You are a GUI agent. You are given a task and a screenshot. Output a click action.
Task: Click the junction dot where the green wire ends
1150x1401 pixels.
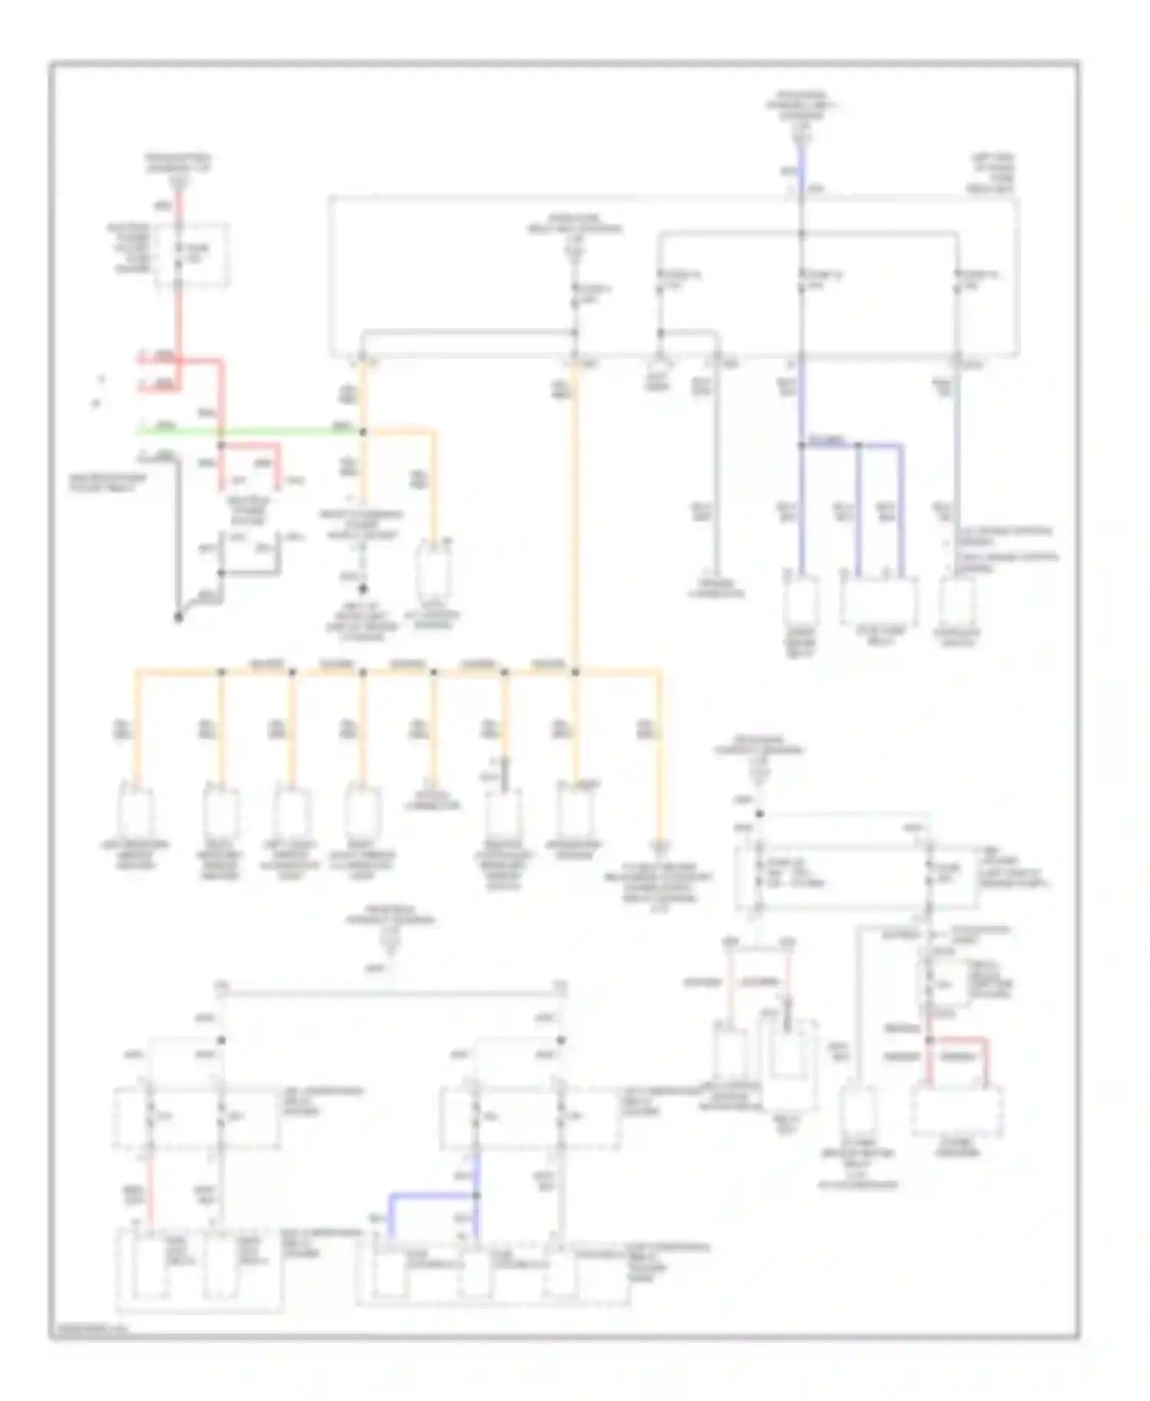click(x=363, y=432)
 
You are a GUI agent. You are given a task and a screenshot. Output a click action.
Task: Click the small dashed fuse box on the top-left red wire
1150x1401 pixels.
click(x=192, y=256)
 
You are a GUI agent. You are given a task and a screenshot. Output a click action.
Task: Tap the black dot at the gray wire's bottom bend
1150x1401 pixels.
click(x=178, y=617)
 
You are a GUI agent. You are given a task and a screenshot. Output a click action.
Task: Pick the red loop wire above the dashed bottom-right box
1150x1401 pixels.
click(x=958, y=1041)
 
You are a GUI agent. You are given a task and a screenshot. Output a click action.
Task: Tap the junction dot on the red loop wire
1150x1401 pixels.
click(x=929, y=1041)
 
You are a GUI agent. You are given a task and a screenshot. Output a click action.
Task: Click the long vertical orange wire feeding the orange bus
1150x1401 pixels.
click(x=574, y=521)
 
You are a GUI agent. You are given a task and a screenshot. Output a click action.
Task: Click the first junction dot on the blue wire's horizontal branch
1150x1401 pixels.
click(x=801, y=445)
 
